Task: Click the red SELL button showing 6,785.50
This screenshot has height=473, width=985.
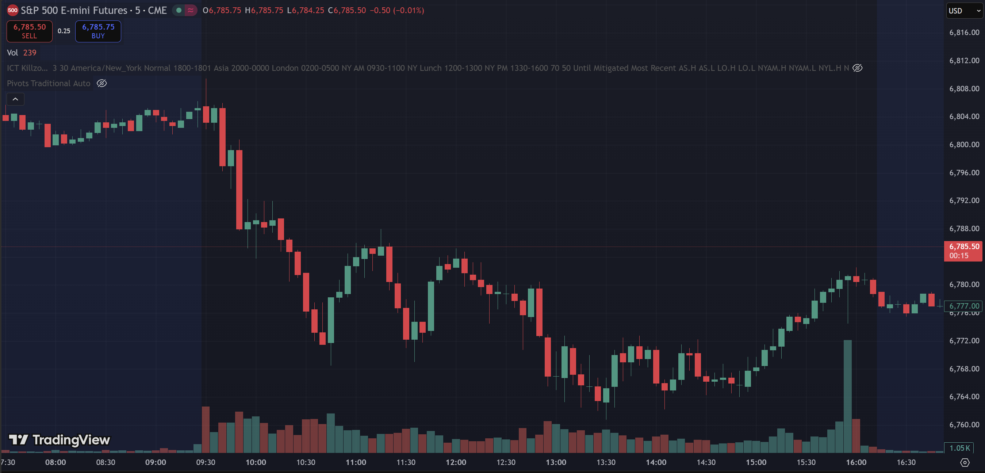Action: coord(30,31)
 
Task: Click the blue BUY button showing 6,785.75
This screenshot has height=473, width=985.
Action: coord(98,31)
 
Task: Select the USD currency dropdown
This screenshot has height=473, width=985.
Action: coord(963,11)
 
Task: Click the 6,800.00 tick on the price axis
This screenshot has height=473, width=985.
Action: coord(964,145)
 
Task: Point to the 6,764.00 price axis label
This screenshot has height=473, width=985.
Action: coord(964,396)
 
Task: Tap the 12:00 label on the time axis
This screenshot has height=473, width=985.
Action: coord(456,462)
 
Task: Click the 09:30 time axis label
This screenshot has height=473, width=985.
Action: coord(206,462)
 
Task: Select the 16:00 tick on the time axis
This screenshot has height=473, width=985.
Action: coord(856,462)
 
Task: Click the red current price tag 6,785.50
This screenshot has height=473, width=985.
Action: coord(963,251)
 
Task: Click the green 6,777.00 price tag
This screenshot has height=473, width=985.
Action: coord(963,306)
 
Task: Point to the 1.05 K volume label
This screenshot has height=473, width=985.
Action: coord(959,448)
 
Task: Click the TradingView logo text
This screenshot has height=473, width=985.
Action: coord(71,440)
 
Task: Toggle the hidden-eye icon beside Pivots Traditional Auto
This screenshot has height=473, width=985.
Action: coord(102,83)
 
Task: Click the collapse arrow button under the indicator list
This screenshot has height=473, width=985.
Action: coord(15,99)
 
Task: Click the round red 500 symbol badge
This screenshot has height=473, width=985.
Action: coord(13,10)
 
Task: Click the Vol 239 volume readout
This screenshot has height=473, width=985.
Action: coord(22,53)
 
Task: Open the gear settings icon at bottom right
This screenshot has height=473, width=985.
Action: coord(965,462)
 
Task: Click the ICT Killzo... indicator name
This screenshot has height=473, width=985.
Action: coord(27,68)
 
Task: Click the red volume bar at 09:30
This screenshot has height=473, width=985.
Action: coord(206,430)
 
